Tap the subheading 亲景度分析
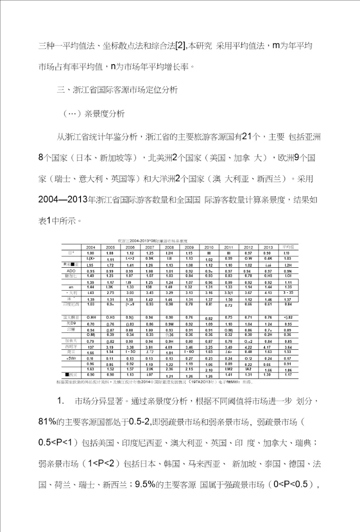click(108, 113)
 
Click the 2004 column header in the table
click(90, 247)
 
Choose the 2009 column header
click(189, 247)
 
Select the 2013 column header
click(268, 247)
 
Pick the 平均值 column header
click(287, 247)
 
